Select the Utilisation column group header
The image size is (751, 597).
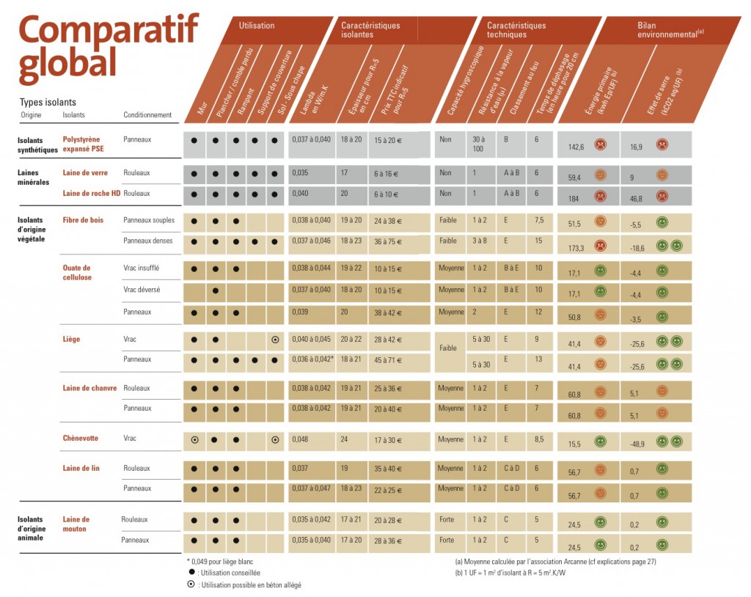pyautogui.click(x=257, y=26)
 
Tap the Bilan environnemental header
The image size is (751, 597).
pyautogui.click(x=660, y=29)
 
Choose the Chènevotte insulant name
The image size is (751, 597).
pyautogui.click(x=81, y=438)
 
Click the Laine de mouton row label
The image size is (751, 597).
pyautogui.click(x=76, y=524)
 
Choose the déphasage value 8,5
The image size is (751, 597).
pyautogui.click(x=539, y=439)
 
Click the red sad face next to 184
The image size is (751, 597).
pyautogui.click(x=600, y=196)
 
